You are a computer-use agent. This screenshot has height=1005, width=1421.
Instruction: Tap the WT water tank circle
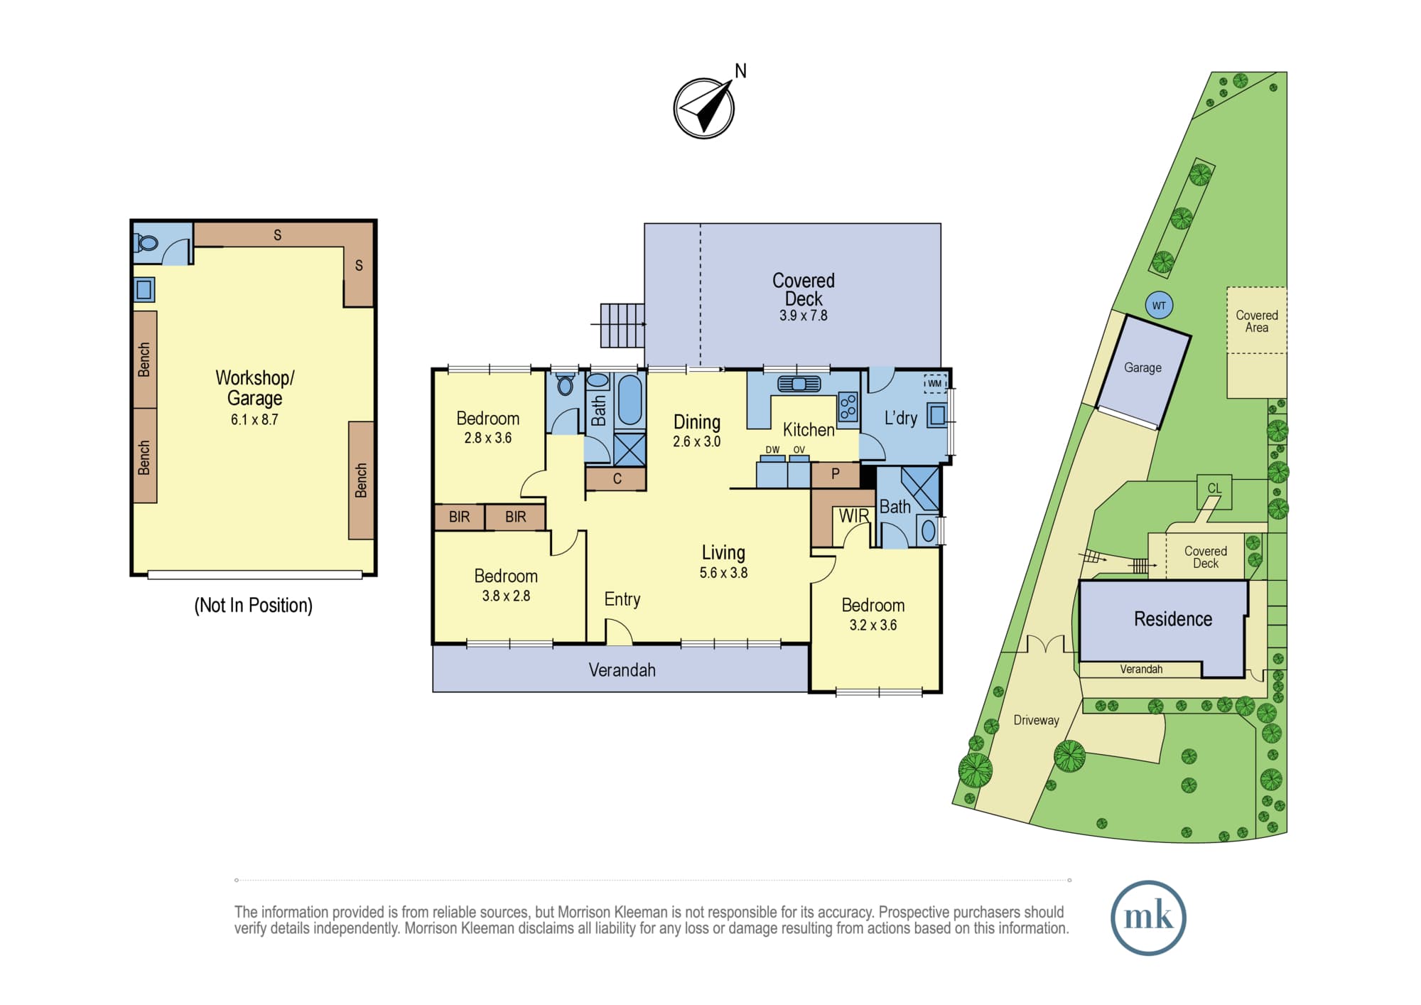(1159, 306)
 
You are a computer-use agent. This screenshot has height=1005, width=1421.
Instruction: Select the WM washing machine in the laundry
(935, 384)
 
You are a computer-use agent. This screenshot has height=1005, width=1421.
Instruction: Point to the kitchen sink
(799, 385)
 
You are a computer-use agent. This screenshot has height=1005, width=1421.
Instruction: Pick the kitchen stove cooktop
(848, 407)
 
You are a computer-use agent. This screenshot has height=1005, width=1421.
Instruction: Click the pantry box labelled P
(836, 475)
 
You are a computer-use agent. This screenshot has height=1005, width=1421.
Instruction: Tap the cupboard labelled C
(616, 478)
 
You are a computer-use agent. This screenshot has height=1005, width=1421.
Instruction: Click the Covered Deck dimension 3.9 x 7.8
(803, 316)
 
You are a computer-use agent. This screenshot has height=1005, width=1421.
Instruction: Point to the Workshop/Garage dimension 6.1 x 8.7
(254, 419)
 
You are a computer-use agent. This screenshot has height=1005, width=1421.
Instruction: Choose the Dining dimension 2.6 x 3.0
(696, 441)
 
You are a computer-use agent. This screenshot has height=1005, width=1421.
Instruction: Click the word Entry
(622, 599)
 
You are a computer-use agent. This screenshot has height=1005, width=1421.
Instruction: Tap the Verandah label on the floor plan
(622, 670)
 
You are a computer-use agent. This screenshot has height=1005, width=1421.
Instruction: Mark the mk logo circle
(1148, 917)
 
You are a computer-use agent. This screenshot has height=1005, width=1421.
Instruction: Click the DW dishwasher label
(772, 450)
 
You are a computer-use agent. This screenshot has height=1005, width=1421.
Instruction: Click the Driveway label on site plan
(1036, 720)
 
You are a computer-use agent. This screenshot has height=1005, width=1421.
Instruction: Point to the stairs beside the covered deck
(622, 326)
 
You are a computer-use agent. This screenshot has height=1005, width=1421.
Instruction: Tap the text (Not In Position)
(253, 605)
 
